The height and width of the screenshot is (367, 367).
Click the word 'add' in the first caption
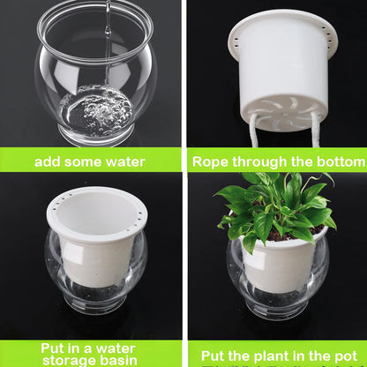[x=49, y=162]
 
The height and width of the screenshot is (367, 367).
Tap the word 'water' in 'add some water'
[x=124, y=162]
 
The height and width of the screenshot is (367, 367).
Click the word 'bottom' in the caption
[x=336, y=162]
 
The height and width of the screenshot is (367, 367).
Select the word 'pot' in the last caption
[x=349, y=355]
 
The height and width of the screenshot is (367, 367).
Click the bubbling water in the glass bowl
[x=95, y=110]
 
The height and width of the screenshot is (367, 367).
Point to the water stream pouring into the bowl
[x=107, y=44]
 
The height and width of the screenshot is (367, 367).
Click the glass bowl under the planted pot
[x=276, y=291]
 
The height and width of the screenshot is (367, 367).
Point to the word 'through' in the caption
[x=266, y=162]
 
